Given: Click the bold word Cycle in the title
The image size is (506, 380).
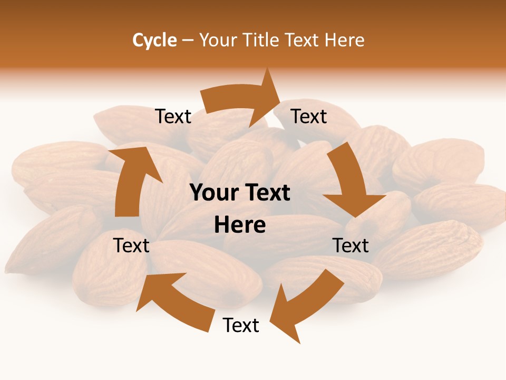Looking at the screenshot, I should tap(154, 40).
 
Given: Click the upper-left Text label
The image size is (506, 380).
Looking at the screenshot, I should tap(173, 117).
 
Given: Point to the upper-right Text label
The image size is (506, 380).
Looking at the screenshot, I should tap(309, 117).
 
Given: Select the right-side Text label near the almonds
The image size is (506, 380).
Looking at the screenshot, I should tap(351, 245).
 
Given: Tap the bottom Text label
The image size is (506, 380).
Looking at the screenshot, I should tap(241, 325).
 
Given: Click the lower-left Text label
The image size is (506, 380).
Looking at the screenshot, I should tap(131, 245).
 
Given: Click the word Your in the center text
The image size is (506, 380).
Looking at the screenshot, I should tap(213, 193).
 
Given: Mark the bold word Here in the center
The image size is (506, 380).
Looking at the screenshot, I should tap(240, 225).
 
